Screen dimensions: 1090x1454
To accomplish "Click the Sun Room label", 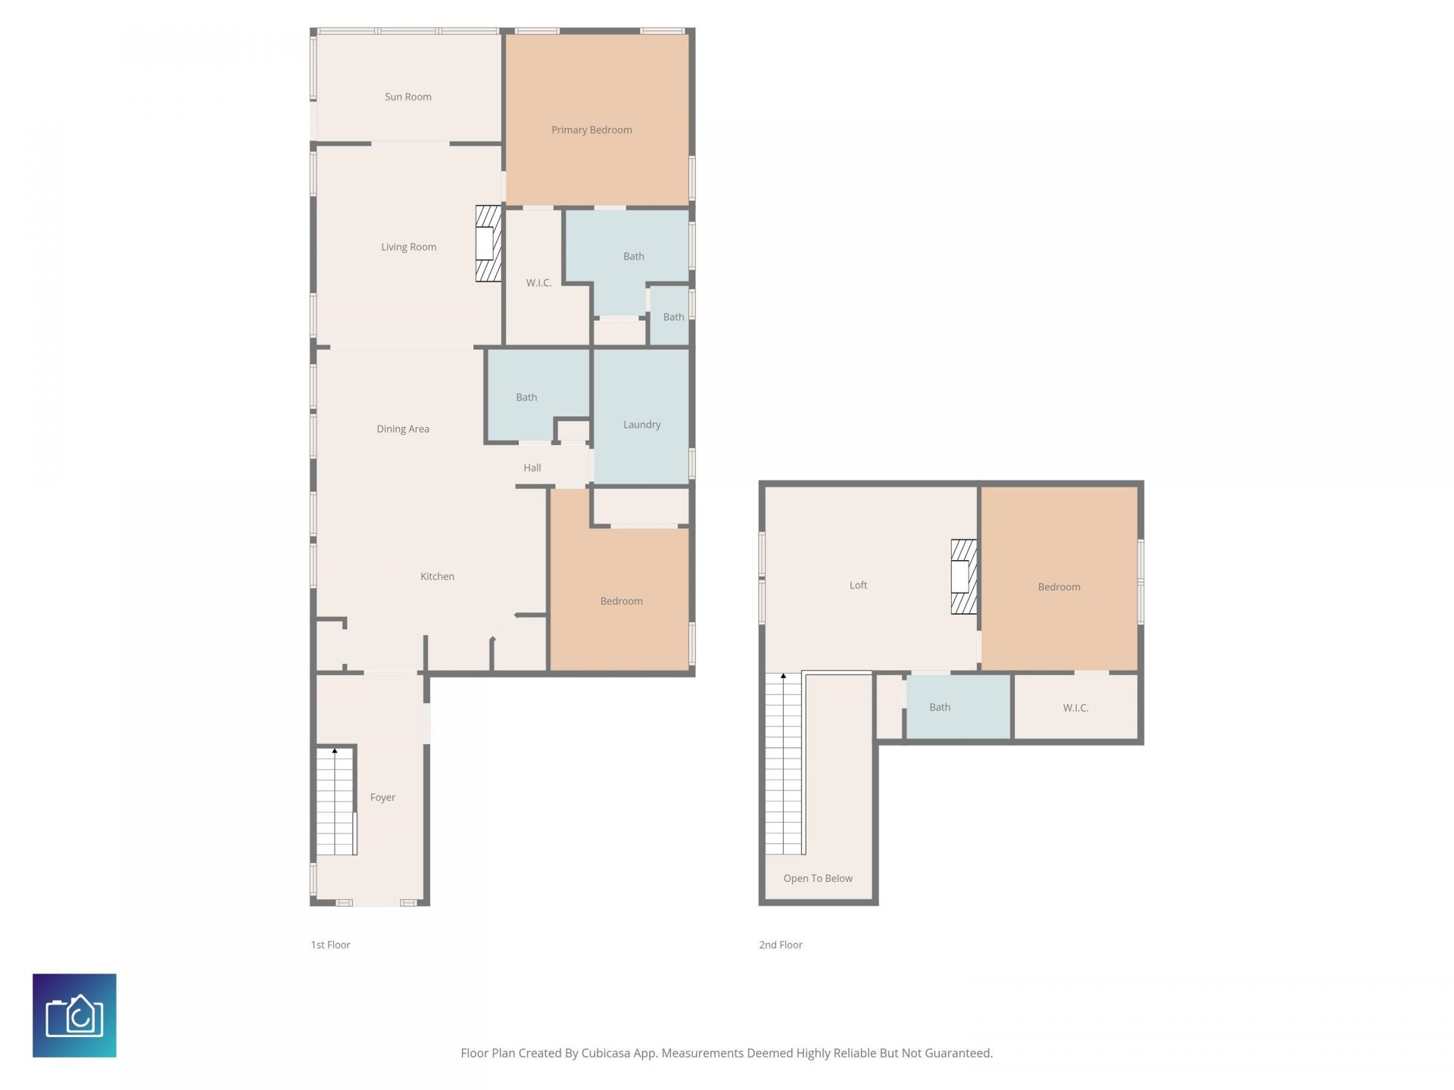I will [407, 97].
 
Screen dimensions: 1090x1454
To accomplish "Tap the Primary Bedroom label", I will [591, 130].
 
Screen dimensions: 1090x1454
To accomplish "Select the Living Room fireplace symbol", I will [488, 244].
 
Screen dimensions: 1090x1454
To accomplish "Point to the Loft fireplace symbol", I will [963, 577].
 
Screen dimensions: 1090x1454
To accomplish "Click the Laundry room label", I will [641, 425].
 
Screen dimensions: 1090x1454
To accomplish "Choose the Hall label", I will [532, 468].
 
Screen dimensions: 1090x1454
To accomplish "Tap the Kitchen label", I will [437, 577].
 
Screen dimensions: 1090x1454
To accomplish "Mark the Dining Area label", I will [402, 429].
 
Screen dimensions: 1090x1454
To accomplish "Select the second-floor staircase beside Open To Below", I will [783, 765].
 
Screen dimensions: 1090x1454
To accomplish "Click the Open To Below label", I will [817, 879].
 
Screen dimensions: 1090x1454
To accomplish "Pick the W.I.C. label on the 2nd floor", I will [1075, 708].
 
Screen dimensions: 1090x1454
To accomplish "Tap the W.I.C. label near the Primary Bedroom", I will [538, 283].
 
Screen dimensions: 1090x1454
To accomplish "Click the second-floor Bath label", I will [939, 708].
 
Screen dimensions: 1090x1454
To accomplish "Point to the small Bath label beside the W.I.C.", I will [673, 317].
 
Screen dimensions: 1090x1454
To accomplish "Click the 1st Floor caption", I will [330, 945].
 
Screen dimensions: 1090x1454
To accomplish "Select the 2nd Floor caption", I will [780, 945].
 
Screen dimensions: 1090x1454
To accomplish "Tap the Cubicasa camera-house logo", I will [74, 1015].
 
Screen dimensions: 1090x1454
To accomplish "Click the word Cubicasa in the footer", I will [605, 1053].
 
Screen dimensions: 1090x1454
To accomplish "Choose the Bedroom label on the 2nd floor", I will [1058, 587].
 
